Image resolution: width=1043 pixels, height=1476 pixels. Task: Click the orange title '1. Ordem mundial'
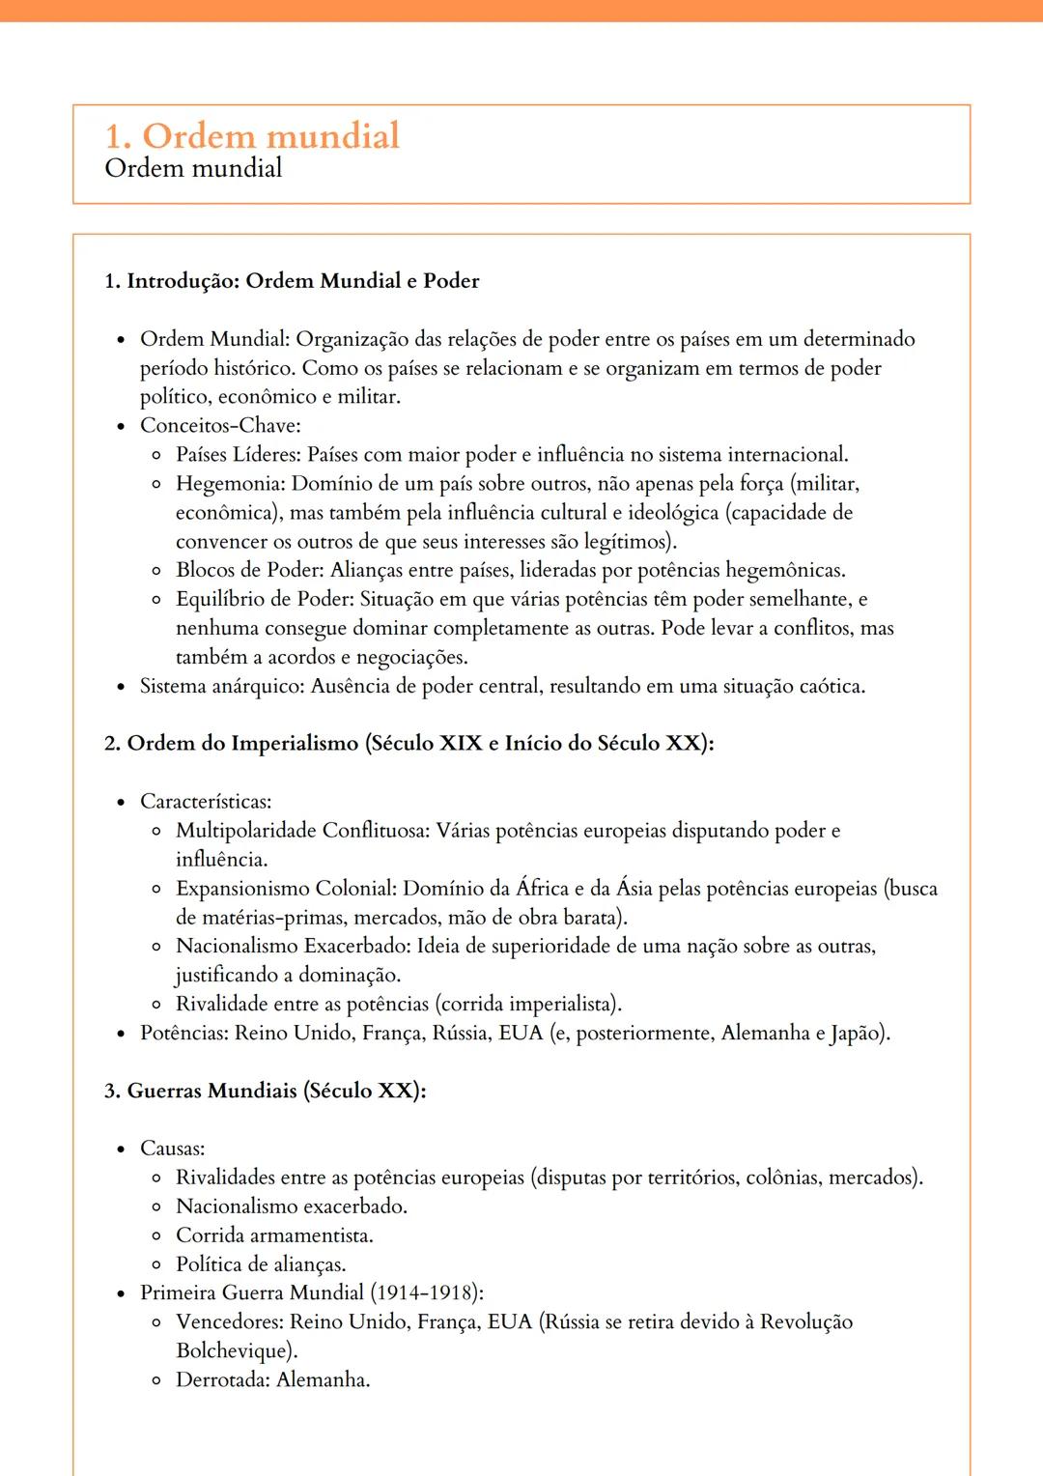click(x=252, y=135)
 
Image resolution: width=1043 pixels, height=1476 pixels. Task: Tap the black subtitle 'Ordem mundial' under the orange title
click(x=193, y=168)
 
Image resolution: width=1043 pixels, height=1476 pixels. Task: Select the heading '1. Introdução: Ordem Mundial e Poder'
click(x=292, y=281)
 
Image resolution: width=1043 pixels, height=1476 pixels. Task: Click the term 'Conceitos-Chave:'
click(x=220, y=425)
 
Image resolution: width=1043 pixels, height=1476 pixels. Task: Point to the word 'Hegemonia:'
click(x=230, y=483)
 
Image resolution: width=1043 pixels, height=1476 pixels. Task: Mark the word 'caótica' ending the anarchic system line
click(x=831, y=686)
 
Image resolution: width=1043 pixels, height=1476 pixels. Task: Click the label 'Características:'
click(x=206, y=801)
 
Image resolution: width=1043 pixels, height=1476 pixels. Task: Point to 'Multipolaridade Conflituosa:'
click(x=302, y=830)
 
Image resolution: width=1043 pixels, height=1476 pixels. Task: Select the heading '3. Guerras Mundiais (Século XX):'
click(x=266, y=1091)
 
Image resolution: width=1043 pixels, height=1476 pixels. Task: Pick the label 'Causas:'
click(x=173, y=1149)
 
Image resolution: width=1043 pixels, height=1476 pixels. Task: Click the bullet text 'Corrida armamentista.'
click(x=274, y=1235)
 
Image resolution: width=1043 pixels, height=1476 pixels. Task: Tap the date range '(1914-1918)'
click(x=426, y=1293)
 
